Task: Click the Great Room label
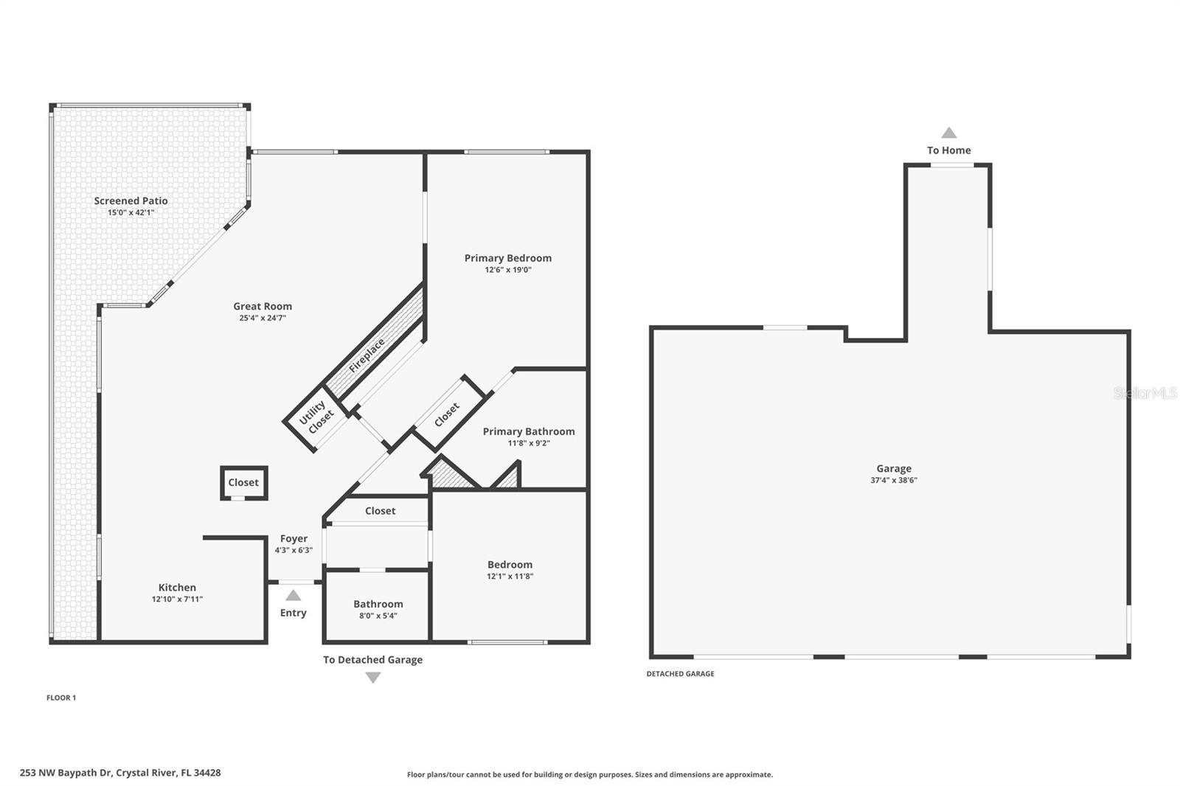pyautogui.click(x=263, y=306)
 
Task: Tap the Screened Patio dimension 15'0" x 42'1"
pyautogui.click(x=131, y=213)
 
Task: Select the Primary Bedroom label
pyautogui.click(x=508, y=258)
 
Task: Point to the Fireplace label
pyautogui.click(x=367, y=356)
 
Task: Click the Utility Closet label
pyautogui.click(x=316, y=417)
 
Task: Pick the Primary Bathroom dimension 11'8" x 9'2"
pyautogui.click(x=528, y=443)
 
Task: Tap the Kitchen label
pyautogui.click(x=177, y=588)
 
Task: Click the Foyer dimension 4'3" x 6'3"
pyautogui.click(x=294, y=550)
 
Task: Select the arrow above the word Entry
pyautogui.click(x=294, y=595)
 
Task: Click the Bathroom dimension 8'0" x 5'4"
pyautogui.click(x=378, y=616)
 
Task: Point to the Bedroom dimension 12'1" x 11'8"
pyautogui.click(x=510, y=577)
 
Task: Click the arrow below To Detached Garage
pyautogui.click(x=373, y=678)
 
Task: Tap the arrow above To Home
pyautogui.click(x=948, y=132)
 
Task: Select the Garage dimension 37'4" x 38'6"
pyautogui.click(x=894, y=480)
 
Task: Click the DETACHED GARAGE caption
pyautogui.click(x=680, y=673)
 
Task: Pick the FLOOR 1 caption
pyautogui.click(x=61, y=698)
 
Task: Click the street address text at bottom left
pyautogui.click(x=120, y=773)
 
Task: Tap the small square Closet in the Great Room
pyautogui.click(x=244, y=482)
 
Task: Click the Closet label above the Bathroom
pyautogui.click(x=380, y=511)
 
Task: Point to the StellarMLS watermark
pyautogui.click(x=1145, y=392)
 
